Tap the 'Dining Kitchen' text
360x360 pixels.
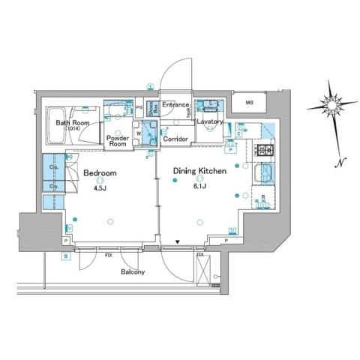pos(200,171)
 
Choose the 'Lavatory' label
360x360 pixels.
pos(211,121)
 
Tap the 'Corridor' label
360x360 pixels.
pos(175,139)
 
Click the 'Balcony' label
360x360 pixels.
pos(136,272)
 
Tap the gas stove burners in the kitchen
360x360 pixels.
pos(265,152)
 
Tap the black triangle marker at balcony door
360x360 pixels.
pos(177,241)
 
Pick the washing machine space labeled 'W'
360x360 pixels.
pos(138,136)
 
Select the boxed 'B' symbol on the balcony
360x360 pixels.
pos(66,257)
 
